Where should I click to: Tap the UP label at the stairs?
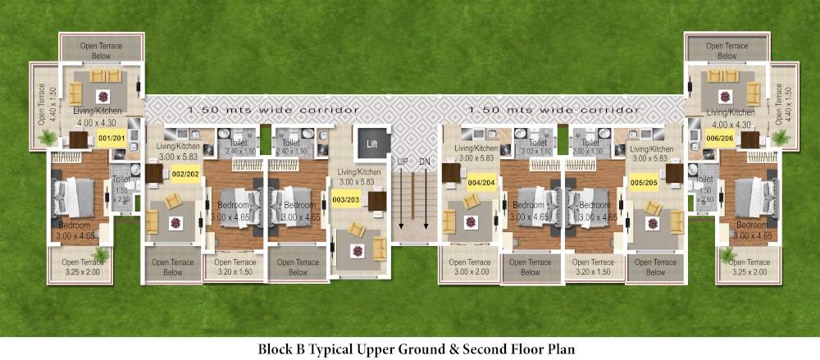403,162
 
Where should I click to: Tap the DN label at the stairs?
425,162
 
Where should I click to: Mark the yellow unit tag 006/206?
719,138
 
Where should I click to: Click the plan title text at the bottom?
417,349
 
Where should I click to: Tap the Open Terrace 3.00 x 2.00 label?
468,267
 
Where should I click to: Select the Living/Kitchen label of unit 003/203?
359,176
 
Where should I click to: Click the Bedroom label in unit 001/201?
75,225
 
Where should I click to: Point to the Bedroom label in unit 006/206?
752,225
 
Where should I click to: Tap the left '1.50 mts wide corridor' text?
273,109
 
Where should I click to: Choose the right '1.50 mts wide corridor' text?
553,109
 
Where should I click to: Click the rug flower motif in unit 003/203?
357,249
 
